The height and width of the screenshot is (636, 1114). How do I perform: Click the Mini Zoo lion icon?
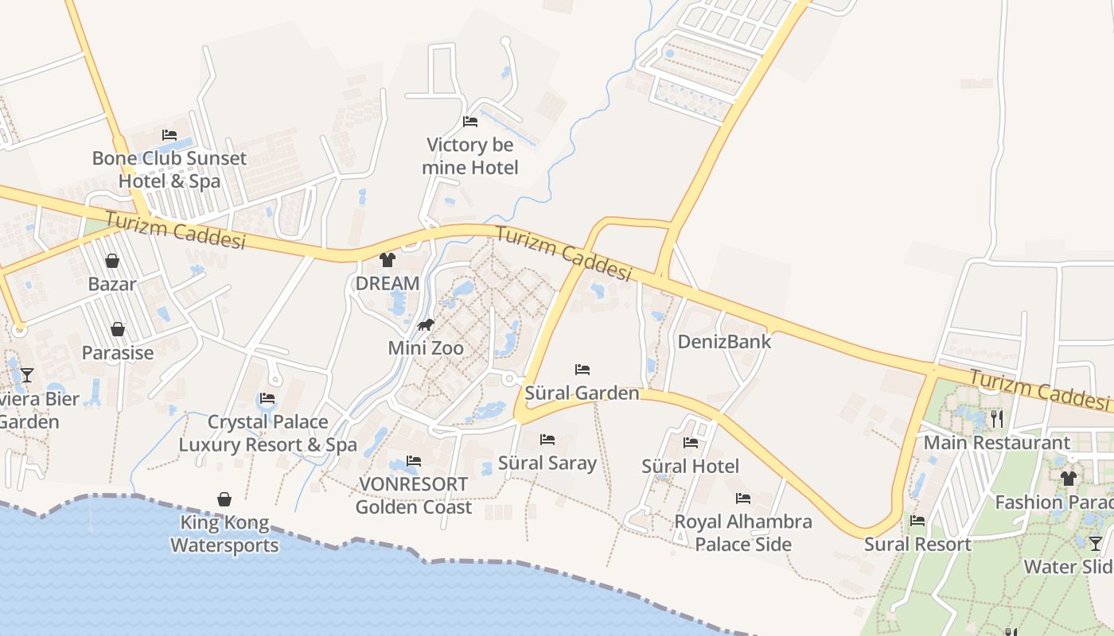click(426, 324)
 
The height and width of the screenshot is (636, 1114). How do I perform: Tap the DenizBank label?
click(724, 342)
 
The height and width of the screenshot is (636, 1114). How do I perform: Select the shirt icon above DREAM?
click(388, 259)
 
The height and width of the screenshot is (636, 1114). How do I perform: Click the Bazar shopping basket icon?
click(112, 261)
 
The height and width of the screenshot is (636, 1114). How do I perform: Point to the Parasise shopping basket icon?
click(118, 329)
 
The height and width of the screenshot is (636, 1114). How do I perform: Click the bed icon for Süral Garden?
click(582, 370)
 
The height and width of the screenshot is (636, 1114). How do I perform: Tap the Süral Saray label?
click(547, 463)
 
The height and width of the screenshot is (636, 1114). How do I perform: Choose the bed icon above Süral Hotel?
click(691, 442)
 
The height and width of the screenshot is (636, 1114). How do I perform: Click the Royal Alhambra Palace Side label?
click(743, 533)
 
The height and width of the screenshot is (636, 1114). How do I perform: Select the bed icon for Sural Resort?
click(917, 522)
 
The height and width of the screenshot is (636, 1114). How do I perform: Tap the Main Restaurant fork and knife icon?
click(997, 418)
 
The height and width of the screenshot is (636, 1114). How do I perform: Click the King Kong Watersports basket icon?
click(224, 499)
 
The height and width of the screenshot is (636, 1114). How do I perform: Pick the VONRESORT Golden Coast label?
click(413, 495)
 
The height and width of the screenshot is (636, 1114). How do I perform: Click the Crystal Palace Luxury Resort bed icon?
click(267, 398)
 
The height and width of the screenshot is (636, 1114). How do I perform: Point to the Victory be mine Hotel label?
click(469, 156)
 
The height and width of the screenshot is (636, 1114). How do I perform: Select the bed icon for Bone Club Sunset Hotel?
click(169, 135)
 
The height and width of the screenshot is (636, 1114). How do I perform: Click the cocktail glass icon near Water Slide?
click(1096, 544)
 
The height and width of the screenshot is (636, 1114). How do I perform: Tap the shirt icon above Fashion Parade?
click(1068, 479)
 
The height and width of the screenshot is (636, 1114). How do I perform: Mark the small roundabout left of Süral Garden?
click(509, 379)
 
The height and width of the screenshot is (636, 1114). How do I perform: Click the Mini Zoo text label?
click(426, 347)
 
